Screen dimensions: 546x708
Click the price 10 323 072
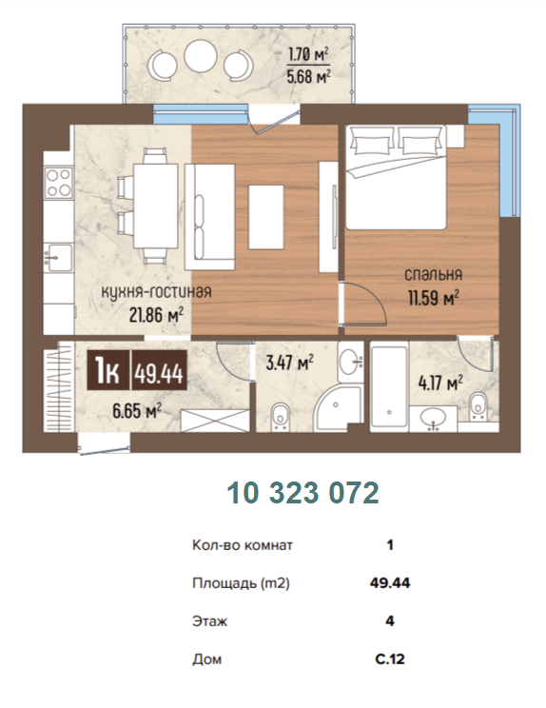[302, 493]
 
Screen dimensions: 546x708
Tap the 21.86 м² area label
[156, 315]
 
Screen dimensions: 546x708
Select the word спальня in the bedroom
[433, 274]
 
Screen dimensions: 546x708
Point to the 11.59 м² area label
[434, 298]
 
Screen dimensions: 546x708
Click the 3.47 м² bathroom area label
[290, 363]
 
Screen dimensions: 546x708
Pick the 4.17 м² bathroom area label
[440, 383]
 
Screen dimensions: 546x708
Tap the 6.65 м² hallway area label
[137, 411]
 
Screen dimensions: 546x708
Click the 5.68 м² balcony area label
[308, 76]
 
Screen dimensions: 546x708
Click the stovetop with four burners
[59, 183]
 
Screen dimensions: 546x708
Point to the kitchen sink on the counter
[58, 257]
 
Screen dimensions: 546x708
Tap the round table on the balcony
[201, 56]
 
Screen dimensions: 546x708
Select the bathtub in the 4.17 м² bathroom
[389, 385]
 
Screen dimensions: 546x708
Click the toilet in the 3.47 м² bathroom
[281, 416]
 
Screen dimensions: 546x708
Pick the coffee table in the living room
[266, 217]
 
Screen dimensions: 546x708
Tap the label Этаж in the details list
[210, 621]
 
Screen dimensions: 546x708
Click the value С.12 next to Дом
[390, 659]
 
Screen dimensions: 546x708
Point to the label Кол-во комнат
[243, 545]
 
